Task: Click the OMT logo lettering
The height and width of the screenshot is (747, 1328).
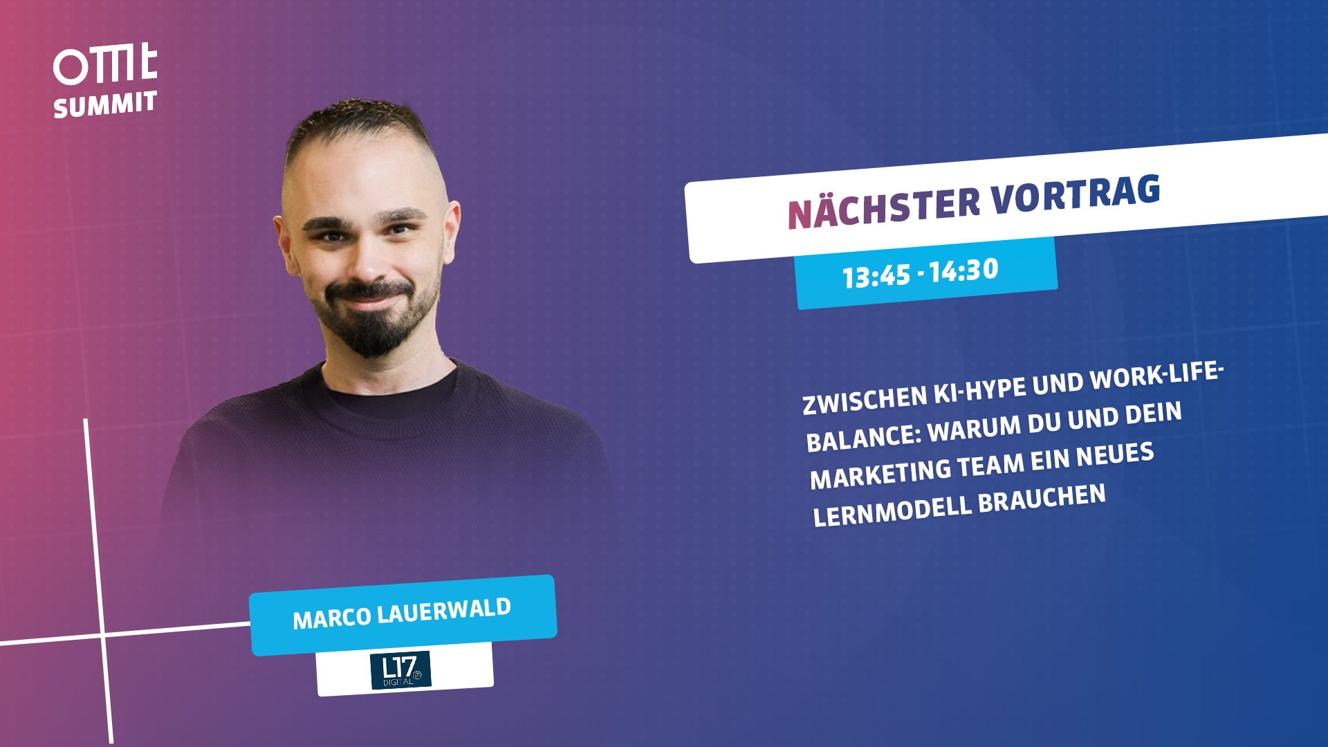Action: (x=105, y=64)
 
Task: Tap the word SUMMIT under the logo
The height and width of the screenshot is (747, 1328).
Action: (x=105, y=105)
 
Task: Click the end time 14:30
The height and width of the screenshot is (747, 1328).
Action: (x=963, y=270)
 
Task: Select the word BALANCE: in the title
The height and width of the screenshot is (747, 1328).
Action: (x=864, y=438)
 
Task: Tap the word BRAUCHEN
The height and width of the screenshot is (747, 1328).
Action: (x=1042, y=499)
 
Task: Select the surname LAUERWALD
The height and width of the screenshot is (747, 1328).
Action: (x=444, y=611)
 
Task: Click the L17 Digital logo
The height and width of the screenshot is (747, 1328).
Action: (x=400, y=670)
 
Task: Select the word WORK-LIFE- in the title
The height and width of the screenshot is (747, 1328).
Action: (x=1156, y=376)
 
